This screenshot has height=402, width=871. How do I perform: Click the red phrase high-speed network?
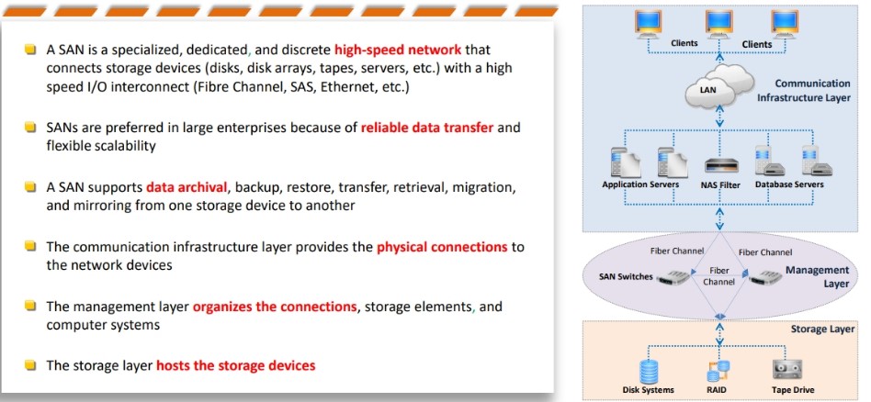[398, 50]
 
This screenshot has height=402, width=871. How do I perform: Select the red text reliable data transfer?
[427, 128]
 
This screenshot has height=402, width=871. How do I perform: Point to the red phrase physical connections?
[442, 247]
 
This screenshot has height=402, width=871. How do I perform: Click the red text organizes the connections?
[275, 307]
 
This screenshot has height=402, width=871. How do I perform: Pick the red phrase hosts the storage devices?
[236, 365]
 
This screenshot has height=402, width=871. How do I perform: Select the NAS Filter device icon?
[721, 165]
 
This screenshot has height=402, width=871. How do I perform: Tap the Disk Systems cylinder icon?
[649, 371]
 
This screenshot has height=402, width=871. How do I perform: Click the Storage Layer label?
[822, 329]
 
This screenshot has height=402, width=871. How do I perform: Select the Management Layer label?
[817, 276]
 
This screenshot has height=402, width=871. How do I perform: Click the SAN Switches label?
[626, 276]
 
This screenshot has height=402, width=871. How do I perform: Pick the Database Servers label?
[789, 184]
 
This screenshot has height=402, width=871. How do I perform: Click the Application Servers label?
[639, 184]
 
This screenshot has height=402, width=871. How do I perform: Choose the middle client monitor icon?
[719, 25]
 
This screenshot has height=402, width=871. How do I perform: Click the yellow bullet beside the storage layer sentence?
[30, 364]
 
